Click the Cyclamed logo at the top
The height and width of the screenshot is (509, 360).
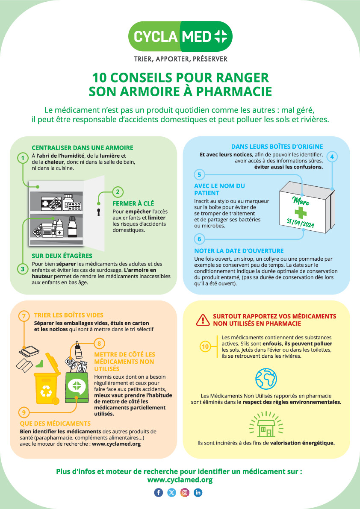tap(180, 36)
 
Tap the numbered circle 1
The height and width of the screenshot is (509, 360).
tap(22, 159)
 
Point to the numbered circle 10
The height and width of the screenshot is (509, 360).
tap(205, 347)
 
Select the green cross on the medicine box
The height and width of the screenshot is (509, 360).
tap(301, 213)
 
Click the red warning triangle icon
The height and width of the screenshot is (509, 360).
tap(203, 319)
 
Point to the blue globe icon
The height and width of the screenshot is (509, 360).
tap(266, 379)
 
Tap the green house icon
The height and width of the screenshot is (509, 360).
tap(266, 424)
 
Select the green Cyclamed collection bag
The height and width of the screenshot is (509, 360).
tap(77, 385)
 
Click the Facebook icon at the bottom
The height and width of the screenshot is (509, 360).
tap(159, 492)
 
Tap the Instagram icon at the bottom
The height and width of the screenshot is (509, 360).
tap(185, 492)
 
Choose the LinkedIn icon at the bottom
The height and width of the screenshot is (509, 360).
tap(198, 492)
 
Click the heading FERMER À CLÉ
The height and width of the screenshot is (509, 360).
tap(133, 204)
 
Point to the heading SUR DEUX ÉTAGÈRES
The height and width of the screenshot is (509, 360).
tap(62, 256)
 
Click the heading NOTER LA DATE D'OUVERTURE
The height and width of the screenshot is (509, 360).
tap(239, 251)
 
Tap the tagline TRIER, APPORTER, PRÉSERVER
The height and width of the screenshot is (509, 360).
tap(180, 59)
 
